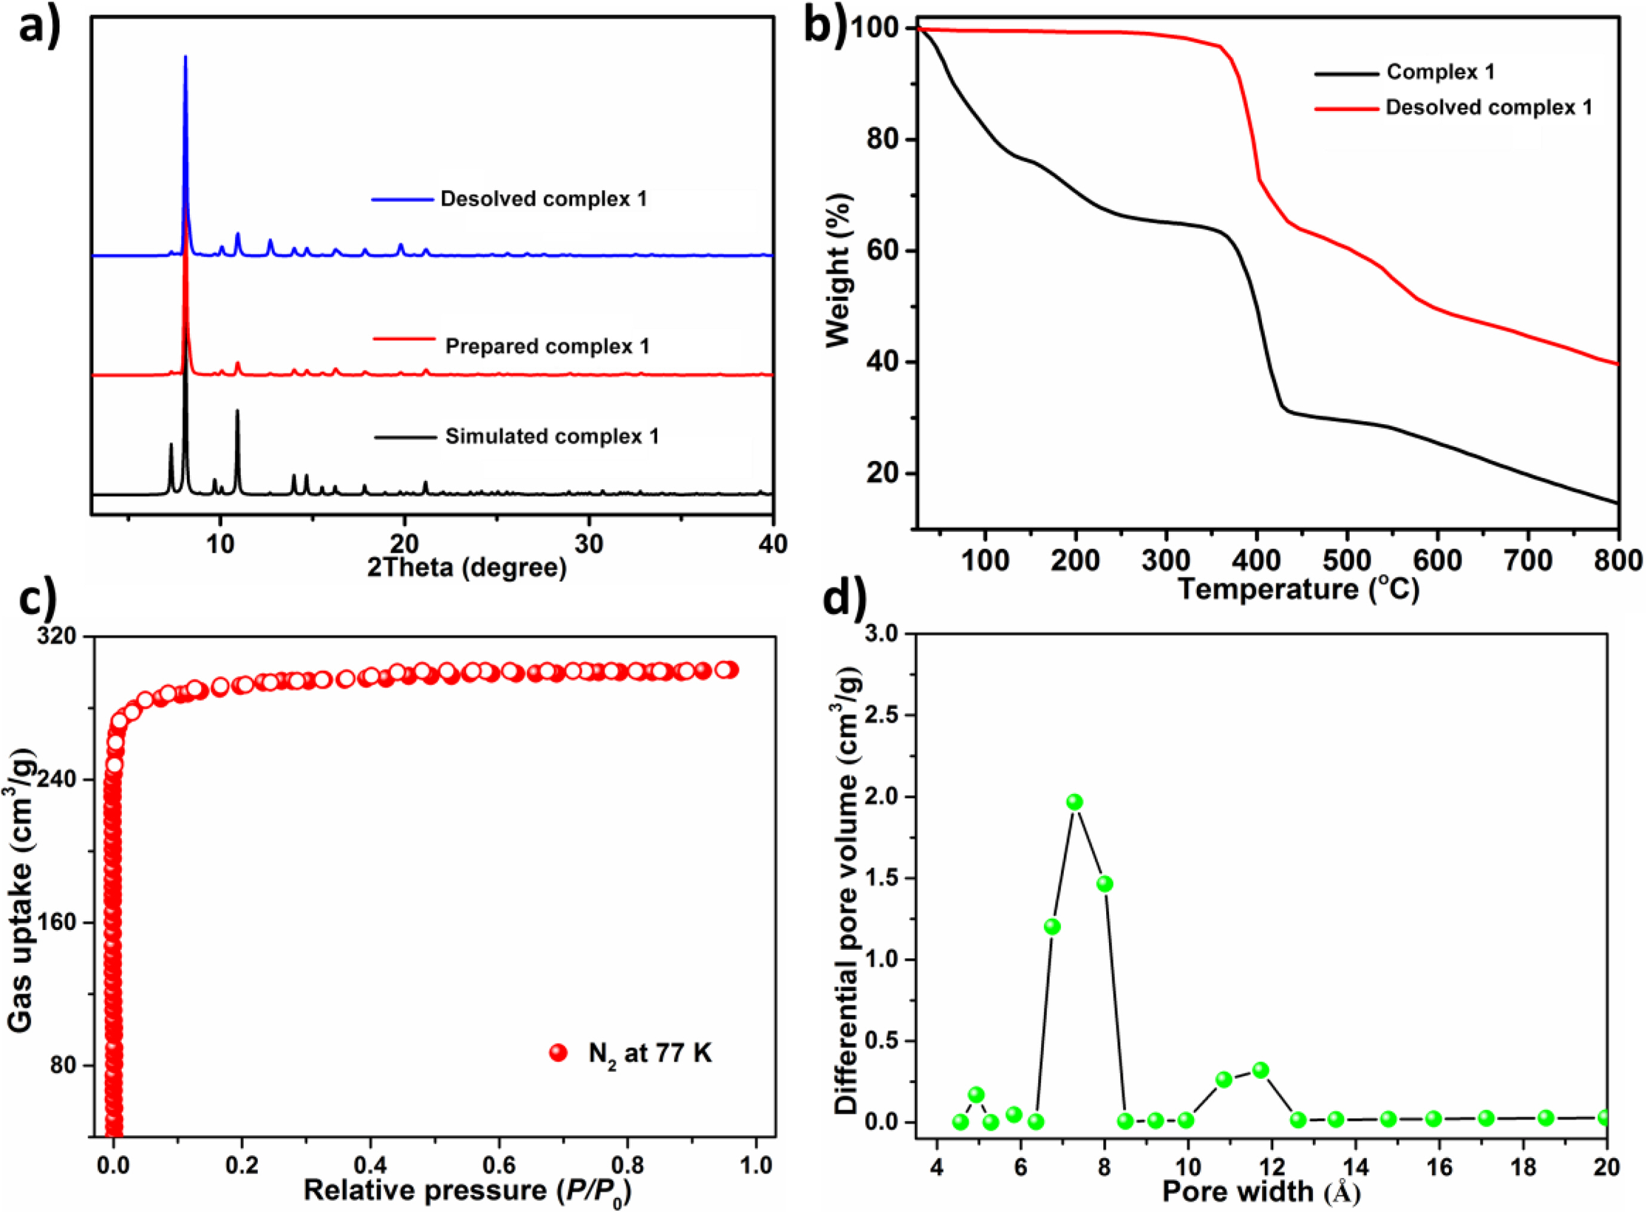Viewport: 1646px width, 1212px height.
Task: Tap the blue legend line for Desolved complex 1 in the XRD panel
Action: click(402, 200)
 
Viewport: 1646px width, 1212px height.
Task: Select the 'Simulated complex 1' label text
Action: click(552, 437)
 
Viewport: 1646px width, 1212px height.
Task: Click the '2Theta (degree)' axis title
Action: click(466, 567)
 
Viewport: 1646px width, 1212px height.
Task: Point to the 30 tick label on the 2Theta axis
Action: click(588, 544)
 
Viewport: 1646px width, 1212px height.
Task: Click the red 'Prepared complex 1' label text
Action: click(547, 346)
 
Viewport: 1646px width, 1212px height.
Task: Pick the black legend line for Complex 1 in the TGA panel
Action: click(1346, 73)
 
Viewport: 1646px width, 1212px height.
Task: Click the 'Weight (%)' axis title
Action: click(837, 269)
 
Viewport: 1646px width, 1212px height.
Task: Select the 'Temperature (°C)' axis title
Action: click(1298, 589)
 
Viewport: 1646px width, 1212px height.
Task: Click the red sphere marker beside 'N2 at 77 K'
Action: click(558, 1054)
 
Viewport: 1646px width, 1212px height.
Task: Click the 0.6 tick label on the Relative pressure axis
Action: click(499, 1165)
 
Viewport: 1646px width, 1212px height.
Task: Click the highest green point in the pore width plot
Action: click(1074, 802)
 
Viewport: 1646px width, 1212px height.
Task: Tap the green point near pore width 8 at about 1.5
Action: click(1105, 884)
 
